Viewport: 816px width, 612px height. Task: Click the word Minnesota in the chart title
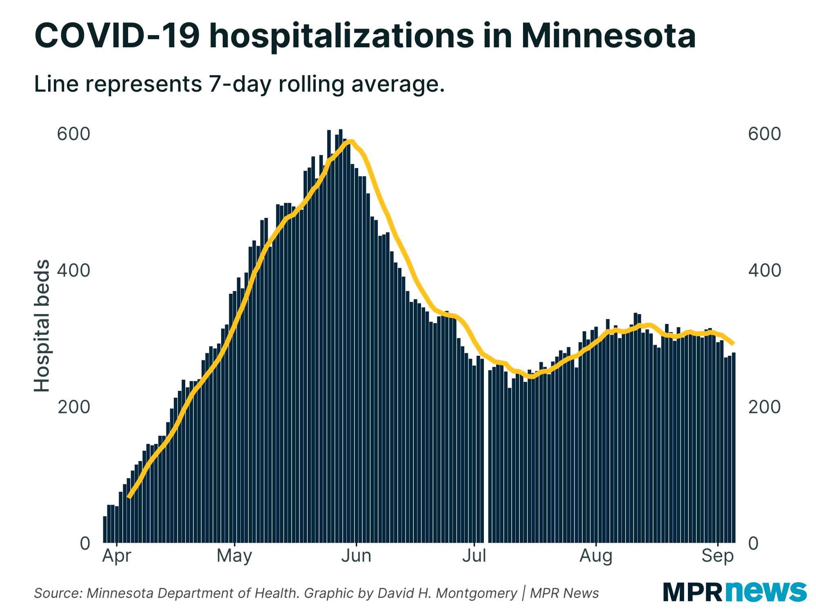pos(608,36)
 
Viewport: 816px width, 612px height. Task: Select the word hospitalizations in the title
pos(341,36)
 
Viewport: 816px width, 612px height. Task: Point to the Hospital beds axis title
pos(42,326)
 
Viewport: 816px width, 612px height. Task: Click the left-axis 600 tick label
pos(73,134)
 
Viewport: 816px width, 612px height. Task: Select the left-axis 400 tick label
pos(73,271)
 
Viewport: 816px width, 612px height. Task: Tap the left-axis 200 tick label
pos(73,407)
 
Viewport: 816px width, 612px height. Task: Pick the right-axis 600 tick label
pos(764,134)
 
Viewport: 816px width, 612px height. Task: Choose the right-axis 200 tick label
pos(764,407)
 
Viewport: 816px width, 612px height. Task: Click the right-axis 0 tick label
pos(753,543)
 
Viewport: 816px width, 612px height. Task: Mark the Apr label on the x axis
pos(117,556)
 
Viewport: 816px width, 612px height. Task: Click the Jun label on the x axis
pos(356,556)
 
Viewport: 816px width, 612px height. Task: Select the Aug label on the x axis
pos(596,556)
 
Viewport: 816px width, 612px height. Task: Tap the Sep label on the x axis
pos(717,556)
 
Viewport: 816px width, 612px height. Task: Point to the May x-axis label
pos(234,556)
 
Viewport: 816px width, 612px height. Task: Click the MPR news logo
pos(734,592)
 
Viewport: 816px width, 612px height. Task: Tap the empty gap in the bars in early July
pos(486,449)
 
